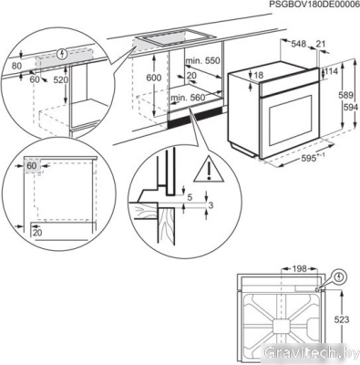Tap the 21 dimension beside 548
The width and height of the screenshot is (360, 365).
click(x=322, y=42)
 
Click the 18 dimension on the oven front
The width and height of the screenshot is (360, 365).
click(x=259, y=75)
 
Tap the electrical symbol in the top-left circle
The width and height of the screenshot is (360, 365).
click(x=62, y=53)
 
